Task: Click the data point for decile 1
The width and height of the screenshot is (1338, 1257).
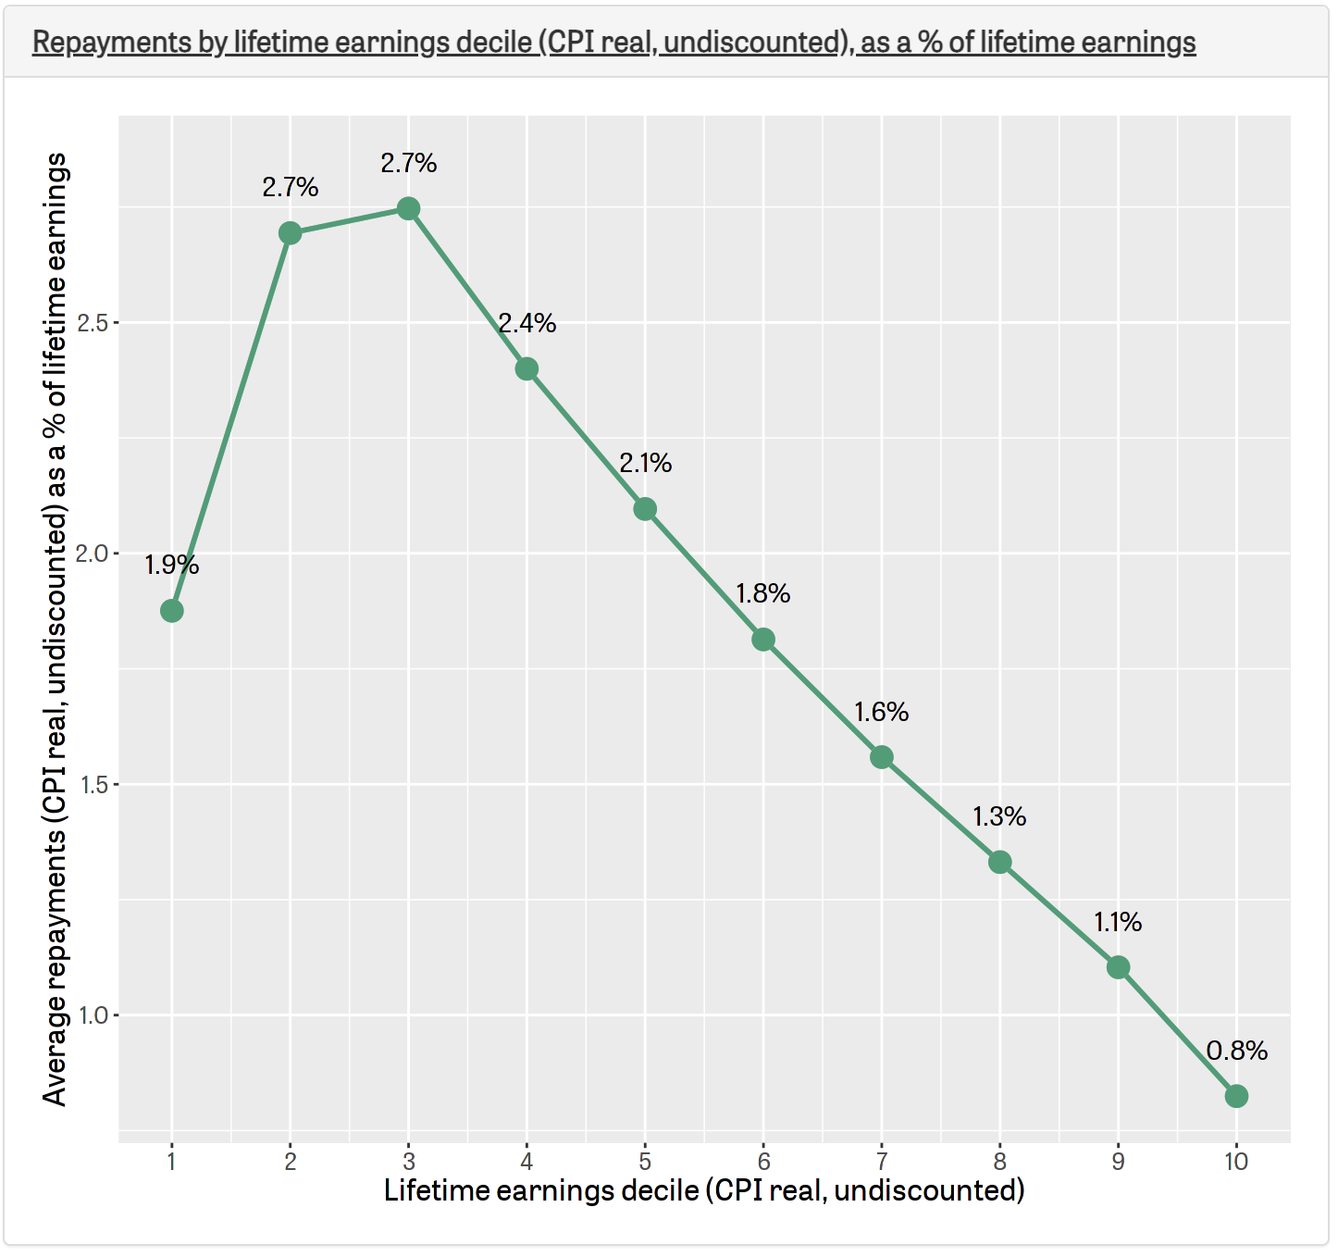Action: click(171, 611)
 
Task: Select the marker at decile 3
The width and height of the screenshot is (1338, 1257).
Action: click(408, 209)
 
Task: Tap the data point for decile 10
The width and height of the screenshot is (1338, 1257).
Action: click(1236, 1096)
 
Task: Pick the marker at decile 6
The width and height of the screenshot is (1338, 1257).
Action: click(763, 640)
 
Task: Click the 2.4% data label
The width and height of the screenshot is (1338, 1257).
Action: click(527, 323)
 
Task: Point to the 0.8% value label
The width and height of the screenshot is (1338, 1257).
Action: click(1236, 1051)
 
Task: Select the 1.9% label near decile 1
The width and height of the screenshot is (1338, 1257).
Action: click(171, 565)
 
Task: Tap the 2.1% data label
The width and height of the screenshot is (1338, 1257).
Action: click(645, 463)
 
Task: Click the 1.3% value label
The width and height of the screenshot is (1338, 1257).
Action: click(999, 816)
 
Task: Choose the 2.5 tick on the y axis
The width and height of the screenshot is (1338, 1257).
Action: click(93, 323)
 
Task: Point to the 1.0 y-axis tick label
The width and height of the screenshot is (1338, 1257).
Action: click(93, 1015)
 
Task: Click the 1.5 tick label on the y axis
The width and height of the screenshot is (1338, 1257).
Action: click(93, 785)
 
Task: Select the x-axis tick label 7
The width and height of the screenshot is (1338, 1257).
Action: click(882, 1161)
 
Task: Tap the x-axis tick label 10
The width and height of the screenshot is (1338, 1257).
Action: click(1236, 1161)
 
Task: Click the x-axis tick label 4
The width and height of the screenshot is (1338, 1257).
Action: click(527, 1161)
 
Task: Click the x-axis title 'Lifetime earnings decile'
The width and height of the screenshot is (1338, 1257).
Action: click(704, 1190)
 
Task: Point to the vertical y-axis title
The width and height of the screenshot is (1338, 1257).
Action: click(56, 629)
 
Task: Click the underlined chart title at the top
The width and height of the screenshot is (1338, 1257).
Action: click(613, 43)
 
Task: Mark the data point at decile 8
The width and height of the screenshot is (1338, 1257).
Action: click(999, 863)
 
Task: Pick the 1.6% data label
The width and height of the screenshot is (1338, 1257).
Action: click(881, 712)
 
